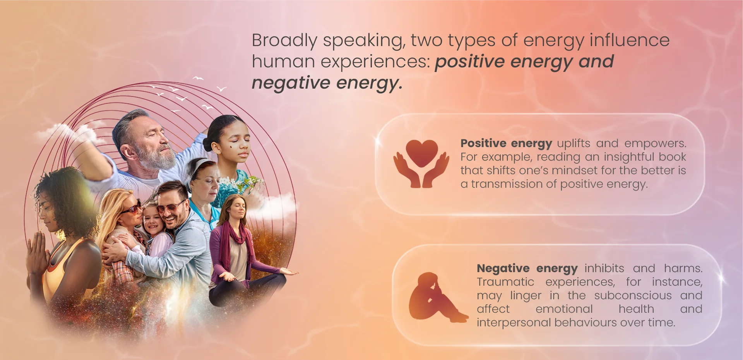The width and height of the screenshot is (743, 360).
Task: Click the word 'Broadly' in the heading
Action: click(284, 41)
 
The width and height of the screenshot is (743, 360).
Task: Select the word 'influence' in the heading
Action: click(629, 40)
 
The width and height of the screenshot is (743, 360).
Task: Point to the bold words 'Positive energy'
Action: click(506, 144)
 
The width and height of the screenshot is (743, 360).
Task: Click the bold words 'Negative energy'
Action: click(527, 269)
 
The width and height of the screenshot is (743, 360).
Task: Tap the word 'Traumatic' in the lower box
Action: click(505, 282)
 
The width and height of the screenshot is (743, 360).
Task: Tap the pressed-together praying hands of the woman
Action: click(37, 252)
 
